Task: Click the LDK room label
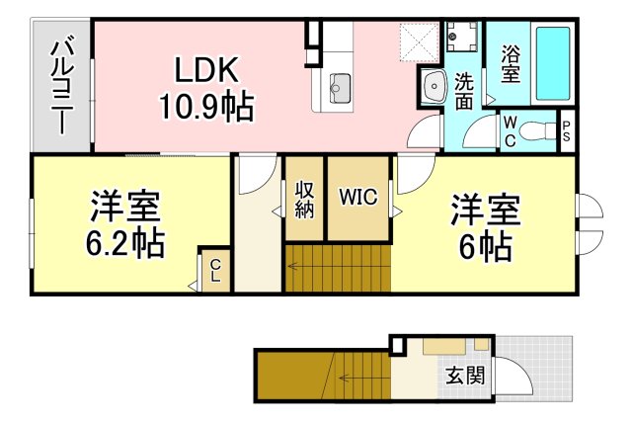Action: [x=206, y=70]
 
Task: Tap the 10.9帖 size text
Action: [x=206, y=104]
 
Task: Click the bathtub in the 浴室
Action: [x=554, y=64]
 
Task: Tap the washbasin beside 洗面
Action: [x=434, y=87]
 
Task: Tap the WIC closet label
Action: [x=357, y=197]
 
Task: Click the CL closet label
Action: [x=215, y=269]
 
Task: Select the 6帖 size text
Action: [x=484, y=244]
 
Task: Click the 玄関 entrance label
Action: [x=463, y=376]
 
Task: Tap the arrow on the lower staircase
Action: [x=351, y=377]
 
